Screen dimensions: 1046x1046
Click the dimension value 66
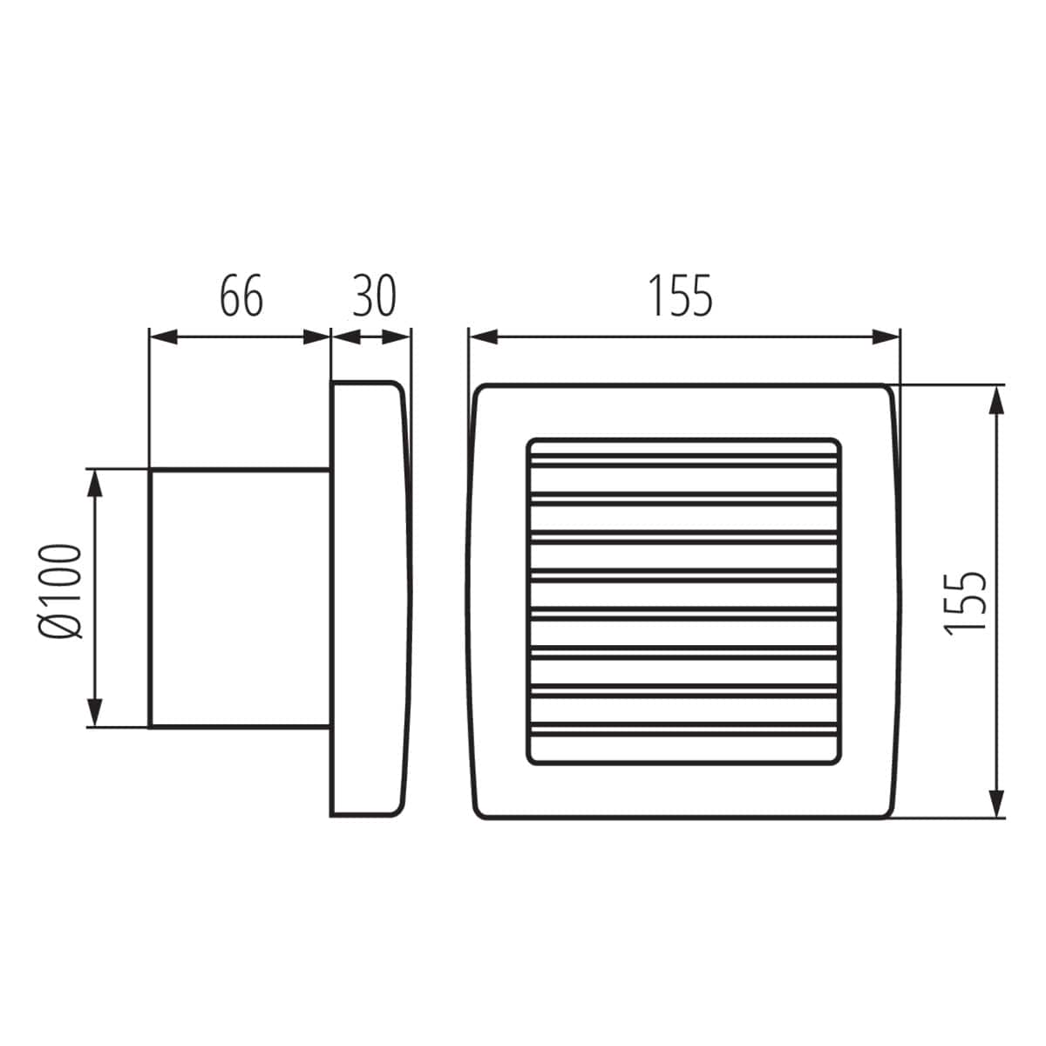click(241, 296)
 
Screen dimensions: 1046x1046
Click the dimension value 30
click(374, 296)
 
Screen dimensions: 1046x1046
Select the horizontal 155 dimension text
click(681, 296)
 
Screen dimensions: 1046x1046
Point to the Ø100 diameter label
click(64, 593)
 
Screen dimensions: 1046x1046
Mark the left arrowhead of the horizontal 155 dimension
click(482, 336)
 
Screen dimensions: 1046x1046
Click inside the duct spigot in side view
click(240, 597)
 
